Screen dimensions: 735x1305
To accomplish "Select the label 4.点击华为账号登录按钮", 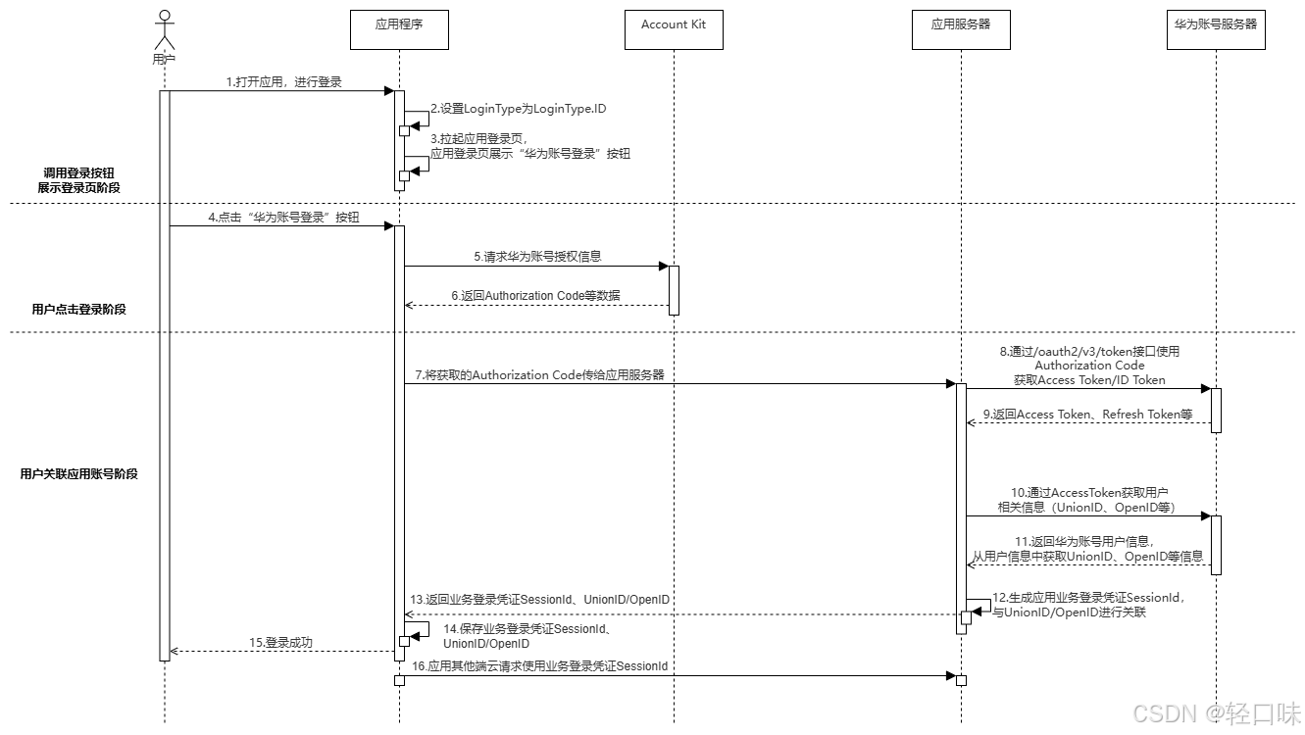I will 284,218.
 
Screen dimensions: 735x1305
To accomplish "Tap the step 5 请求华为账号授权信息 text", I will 537,257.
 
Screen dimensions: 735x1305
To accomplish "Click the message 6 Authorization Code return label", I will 535,296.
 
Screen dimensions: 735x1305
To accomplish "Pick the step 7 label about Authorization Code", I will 539,375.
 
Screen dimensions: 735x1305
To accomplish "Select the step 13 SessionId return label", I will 540,600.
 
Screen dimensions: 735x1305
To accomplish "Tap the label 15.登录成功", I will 280,643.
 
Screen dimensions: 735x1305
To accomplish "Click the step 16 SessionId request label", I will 540,666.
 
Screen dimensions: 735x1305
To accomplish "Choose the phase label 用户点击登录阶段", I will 78,309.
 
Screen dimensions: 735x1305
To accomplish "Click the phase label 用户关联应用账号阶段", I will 78,473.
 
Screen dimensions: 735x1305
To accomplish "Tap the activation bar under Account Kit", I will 674,289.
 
